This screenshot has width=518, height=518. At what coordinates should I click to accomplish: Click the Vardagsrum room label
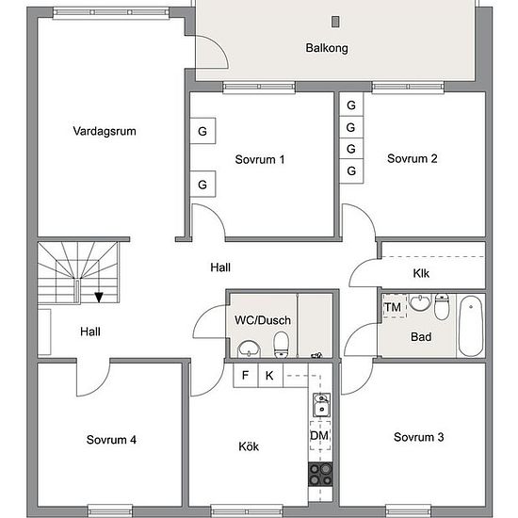105,131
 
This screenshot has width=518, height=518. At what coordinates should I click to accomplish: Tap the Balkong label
327,48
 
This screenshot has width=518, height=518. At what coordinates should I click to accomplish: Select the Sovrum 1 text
260,159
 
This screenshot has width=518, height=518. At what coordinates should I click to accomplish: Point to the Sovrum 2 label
413,158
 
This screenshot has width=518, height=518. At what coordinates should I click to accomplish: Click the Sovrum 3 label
418,437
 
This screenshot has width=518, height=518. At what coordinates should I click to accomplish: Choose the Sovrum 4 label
111,440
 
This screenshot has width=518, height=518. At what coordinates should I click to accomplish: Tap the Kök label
249,446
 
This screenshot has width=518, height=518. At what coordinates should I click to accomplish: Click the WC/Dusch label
263,320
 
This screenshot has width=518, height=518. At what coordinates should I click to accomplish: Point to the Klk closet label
421,273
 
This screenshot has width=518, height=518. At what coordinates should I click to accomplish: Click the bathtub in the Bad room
471,326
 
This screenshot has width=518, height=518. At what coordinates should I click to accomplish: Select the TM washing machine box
394,306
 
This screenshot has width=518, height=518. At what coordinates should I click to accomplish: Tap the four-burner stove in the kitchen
320,474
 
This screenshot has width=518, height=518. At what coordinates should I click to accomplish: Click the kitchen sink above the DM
321,405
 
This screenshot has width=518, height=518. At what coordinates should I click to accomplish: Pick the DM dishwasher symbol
320,435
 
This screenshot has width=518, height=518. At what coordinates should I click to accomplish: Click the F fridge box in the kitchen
246,375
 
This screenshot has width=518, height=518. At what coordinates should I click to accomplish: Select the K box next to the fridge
270,375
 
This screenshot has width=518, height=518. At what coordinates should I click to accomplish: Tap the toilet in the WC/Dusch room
282,345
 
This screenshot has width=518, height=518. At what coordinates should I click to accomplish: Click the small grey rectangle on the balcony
335,22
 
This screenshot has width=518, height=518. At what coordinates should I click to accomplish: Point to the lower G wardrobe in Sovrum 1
202,184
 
